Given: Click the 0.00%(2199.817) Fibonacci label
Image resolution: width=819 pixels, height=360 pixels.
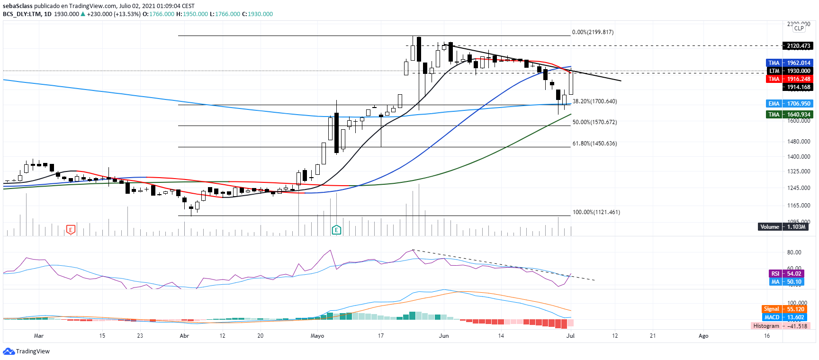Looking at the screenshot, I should coord(593,32).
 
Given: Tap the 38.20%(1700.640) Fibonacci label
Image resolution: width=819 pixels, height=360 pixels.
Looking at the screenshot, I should coord(594,101).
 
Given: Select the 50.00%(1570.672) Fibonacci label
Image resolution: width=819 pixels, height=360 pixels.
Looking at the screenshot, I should coord(594,122).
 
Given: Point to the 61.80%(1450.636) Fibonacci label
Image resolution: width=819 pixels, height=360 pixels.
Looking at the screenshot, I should coord(594,144).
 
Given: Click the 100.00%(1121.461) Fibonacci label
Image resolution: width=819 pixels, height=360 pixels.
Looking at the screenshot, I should coord(596,212).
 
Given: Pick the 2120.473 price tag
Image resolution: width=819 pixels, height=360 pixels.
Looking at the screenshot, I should coord(798,46).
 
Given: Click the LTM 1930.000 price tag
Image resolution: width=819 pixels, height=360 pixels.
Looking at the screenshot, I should coord(790,71).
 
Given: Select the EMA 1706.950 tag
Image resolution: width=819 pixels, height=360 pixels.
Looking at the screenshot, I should coord(789,104).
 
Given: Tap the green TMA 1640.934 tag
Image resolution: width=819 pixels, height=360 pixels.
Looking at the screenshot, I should coord(789,115).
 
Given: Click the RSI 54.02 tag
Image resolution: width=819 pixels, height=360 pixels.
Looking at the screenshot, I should coord(786,274).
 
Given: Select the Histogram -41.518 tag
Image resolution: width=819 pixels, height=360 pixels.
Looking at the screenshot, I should coord(780,326).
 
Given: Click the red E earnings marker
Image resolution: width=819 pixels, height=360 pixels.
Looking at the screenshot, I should coord(71,230).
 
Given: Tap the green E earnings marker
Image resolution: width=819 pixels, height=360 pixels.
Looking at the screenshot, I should coord(336,230).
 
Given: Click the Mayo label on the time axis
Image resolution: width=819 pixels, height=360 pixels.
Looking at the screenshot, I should coord(317,336).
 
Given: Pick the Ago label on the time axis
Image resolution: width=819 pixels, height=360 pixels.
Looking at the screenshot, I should coord(703,336).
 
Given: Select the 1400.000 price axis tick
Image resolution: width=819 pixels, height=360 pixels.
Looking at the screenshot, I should coord(799,157).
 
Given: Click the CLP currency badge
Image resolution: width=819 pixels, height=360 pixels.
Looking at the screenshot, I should coord(799,28).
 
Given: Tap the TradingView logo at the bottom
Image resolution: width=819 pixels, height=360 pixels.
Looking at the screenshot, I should coord(27,351).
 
